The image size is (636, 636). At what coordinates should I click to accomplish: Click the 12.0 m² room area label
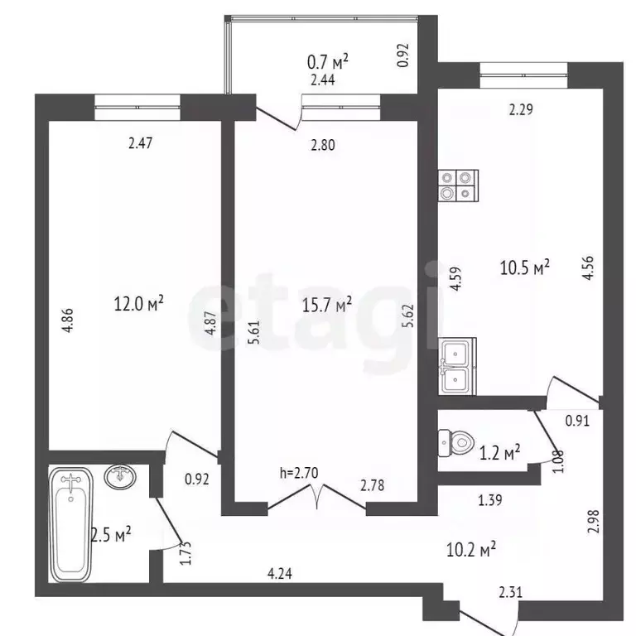click(x=138, y=304)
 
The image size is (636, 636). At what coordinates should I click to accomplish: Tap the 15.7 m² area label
click(x=328, y=304)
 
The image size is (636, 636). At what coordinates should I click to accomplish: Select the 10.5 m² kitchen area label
click(x=525, y=267)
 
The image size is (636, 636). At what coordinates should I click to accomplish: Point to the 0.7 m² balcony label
click(x=328, y=61)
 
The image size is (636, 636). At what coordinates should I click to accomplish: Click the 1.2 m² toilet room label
click(x=500, y=451)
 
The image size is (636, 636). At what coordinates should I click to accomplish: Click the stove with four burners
click(x=459, y=185)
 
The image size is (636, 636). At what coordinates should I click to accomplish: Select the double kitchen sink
click(x=458, y=367)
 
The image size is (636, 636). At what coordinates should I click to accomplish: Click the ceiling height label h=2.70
click(x=299, y=474)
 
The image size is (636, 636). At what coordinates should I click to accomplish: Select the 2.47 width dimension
click(x=142, y=143)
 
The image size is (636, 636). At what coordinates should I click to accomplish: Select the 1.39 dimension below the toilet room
click(x=491, y=499)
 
